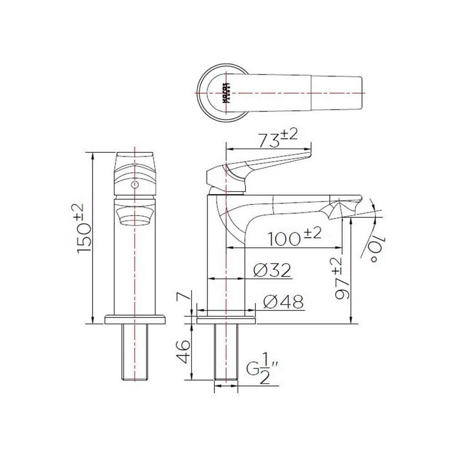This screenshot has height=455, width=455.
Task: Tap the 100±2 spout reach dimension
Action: (293, 238)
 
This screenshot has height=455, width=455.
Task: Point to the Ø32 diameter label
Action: (272, 270)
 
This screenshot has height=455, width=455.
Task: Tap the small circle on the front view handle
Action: (134, 184)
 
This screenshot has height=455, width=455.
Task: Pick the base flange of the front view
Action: (135, 319)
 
